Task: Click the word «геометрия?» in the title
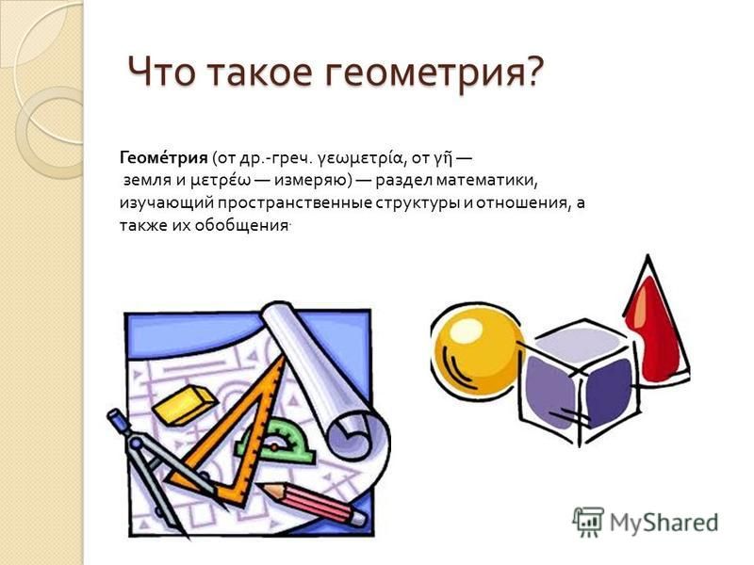(436, 73)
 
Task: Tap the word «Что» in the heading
(161, 72)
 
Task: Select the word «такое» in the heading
(260, 73)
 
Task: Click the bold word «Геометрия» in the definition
(163, 158)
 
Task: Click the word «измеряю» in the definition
(310, 181)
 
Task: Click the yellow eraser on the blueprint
(184, 405)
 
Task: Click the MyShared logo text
(664, 522)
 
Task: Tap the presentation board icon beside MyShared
(588, 522)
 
